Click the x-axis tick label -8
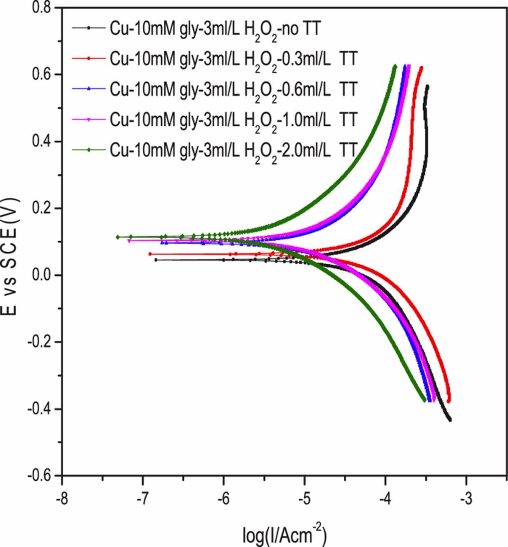tap(62, 499)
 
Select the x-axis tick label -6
tap(223, 499)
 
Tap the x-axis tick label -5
tap(304, 499)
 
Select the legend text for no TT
tap(215, 29)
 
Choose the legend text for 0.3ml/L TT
tap(233, 59)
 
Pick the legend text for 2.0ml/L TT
tap(233, 150)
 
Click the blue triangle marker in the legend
tap(89, 88)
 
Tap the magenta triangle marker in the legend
tap(89, 119)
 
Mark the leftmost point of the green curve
tap(118, 237)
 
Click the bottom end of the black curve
tap(450, 420)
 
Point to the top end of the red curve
tap(421, 68)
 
